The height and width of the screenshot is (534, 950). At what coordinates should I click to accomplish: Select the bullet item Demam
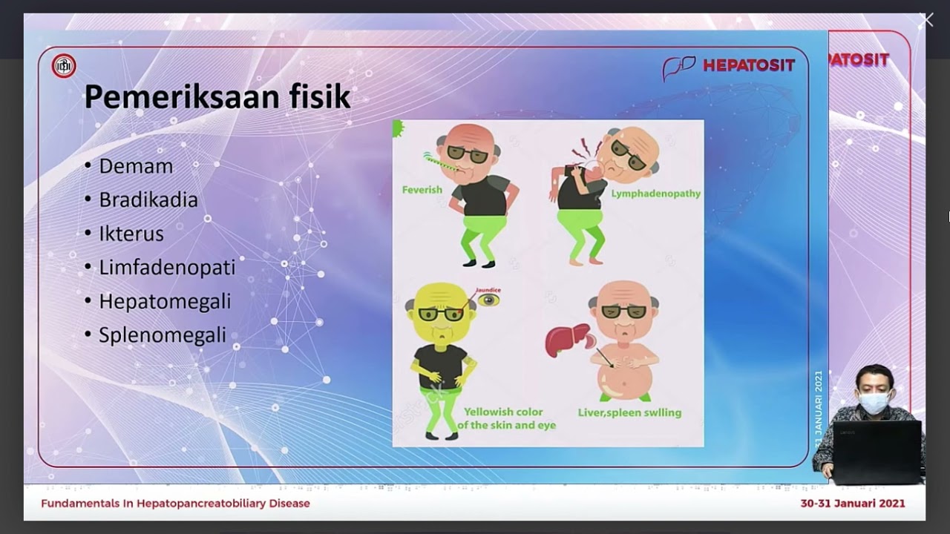click(x=136, y=166)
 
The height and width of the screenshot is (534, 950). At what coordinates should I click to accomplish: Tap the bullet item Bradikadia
click(x=148, y=200)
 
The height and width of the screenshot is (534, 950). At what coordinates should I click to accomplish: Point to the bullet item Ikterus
click(x=131, y=234)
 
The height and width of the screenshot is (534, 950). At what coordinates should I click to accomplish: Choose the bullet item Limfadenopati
click(x=167, y=268)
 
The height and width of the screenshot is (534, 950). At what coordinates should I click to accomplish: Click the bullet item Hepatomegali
click(x=165, y=302)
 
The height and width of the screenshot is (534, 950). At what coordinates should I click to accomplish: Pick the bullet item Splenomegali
click(x=163, y=335)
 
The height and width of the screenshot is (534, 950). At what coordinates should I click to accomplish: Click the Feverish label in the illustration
click(x=422, y=190)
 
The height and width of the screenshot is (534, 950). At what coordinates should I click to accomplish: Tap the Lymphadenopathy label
click(x=655, y=194)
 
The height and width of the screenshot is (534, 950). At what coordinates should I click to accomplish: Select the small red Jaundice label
click(x=488, y=290)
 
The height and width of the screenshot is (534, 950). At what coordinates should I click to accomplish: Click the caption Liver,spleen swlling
click(x=629, y=412)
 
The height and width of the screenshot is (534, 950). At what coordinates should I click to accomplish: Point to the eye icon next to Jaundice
click(x=488, y=300)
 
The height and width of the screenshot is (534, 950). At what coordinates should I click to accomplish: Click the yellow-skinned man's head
click(x=439, y=309)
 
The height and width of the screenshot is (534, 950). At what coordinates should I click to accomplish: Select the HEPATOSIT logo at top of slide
click(x=729, y=66)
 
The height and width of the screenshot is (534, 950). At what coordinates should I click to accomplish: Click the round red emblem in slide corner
click(x=64, y=66)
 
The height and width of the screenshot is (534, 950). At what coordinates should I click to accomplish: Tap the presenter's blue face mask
click(x=874, y=403)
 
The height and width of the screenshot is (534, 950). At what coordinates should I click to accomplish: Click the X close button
click(x=926, y=21)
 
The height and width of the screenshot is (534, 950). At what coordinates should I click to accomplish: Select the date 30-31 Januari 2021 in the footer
click(x=852, y=504)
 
